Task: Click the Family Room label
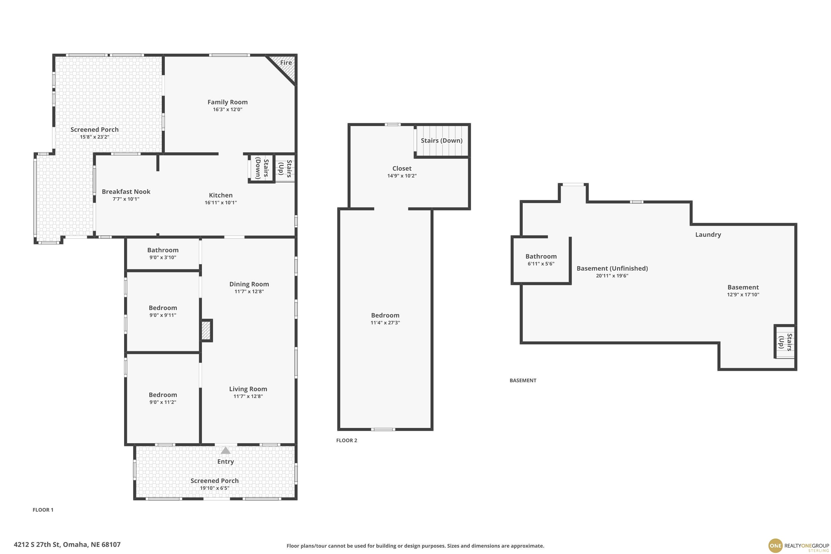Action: (227, 102)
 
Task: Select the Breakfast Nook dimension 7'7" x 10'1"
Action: (126, 199)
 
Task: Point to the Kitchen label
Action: (221, 195)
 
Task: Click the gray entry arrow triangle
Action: (225, 450)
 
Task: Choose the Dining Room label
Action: (249, 284)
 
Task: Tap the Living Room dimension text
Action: (248, 396)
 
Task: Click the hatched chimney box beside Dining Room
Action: (206, 331)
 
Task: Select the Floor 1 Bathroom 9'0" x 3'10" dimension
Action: (163, 258)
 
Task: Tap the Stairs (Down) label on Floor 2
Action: (442, 141)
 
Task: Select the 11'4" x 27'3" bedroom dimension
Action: (385, 323)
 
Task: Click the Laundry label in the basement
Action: (708, 235)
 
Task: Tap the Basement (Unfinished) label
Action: (612, 268)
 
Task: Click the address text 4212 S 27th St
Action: (37, 545)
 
